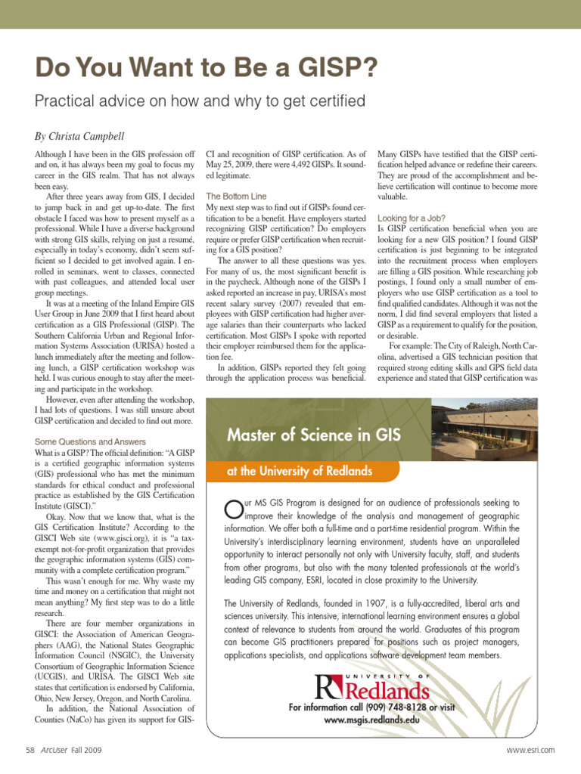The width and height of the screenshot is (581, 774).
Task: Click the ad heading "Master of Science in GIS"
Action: coord(314,435)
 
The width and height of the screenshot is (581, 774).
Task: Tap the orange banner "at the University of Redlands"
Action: coord(300,472)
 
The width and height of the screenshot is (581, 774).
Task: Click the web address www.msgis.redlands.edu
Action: coord(371,720)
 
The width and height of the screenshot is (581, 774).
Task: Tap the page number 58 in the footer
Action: coord(30,750)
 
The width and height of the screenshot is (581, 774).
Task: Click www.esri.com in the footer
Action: coord(530,750)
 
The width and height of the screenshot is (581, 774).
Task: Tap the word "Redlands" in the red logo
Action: coord(387,690)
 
